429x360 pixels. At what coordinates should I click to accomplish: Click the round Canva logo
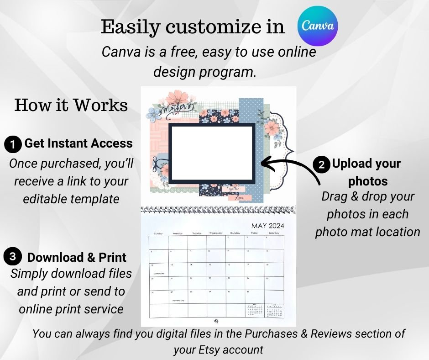(x=318, y=26)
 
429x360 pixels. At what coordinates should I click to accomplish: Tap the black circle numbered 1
(x=13, y=145)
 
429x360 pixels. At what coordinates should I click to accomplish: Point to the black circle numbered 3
(x=12, y=256)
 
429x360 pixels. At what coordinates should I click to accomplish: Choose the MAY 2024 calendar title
(x=268, y=226)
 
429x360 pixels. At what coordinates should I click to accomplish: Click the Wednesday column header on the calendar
(x=216, y=233)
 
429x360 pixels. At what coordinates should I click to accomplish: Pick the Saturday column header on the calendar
(x=273, y=233)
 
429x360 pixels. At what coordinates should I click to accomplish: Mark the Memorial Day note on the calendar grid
(x=177, y=301)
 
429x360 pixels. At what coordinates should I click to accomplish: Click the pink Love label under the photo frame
(x=238, y=198)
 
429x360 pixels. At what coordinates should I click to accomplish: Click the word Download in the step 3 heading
(x=49, y=257)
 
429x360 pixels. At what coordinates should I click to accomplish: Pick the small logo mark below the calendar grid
(x=215, y=321)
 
